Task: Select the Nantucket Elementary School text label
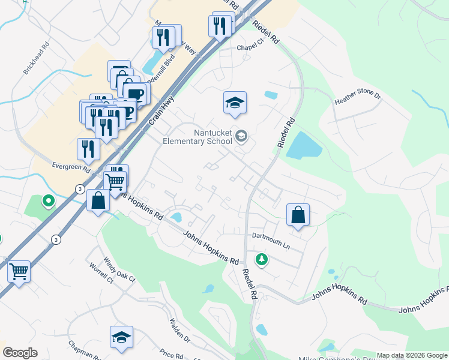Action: pos(197,137)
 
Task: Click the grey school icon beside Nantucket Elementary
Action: pos(241,136)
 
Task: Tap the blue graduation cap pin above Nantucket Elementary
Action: pos(235,103)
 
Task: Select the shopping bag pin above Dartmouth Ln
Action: pos(298,215)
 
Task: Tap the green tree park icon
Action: pos(261,259)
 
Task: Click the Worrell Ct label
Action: pos(101,272)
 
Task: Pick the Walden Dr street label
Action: pos(179,331)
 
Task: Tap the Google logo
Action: pos(20,353)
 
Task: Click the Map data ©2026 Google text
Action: pos(412,355)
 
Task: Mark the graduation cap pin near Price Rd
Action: pos(121,337)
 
